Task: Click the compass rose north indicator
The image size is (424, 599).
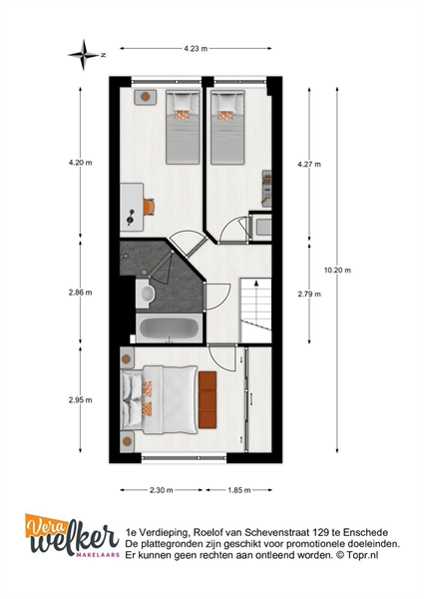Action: click(84, 55)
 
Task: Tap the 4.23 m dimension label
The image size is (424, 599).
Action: click(196, 49)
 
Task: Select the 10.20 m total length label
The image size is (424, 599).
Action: click(337, 271)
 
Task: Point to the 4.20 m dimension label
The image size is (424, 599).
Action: click(80, 163)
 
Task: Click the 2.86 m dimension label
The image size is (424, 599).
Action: click(80, 293)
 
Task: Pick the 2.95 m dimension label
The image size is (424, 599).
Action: click(80, 400)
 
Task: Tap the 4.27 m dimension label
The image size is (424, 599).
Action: click(309, 165)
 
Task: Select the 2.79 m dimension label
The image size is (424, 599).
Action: click(309, 294)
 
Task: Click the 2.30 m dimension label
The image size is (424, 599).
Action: click(161, 490)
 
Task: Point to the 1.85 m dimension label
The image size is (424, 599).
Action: click(239, 490)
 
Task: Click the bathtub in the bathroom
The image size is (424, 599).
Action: click(169, 328)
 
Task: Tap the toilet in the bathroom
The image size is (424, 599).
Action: click(146, 294)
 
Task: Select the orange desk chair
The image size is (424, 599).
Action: click(149, 207)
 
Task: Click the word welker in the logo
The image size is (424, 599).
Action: click(75, 541)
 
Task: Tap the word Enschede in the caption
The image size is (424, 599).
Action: click(365, 532)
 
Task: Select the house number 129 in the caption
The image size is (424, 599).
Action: click(320, 532)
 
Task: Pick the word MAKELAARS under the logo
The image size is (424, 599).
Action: click(98, 555)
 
